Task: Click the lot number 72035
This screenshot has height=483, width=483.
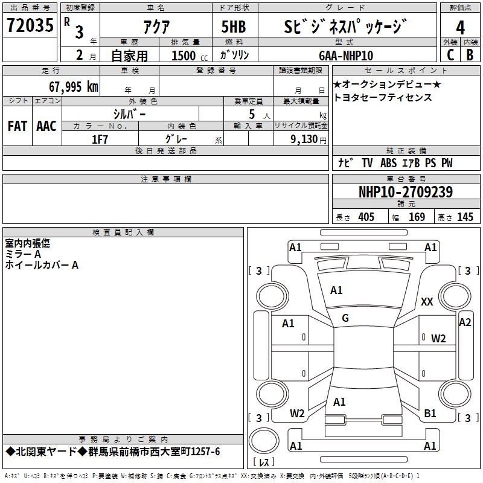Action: pos(30,25)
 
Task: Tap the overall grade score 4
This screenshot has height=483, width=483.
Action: pos(460,28)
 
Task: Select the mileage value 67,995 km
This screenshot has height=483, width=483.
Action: pos(74,87)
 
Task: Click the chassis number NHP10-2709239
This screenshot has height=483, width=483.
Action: pos(406,192)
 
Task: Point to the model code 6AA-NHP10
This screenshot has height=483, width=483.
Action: pos(346,56)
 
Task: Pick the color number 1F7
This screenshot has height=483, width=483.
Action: pos(100,139)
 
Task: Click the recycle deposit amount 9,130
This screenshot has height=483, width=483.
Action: pos(304,139)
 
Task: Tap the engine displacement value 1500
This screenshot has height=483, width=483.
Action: pos(184,56)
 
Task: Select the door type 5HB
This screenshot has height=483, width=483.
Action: pos(234,27)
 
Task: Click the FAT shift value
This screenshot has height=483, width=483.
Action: pos(18,126)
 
